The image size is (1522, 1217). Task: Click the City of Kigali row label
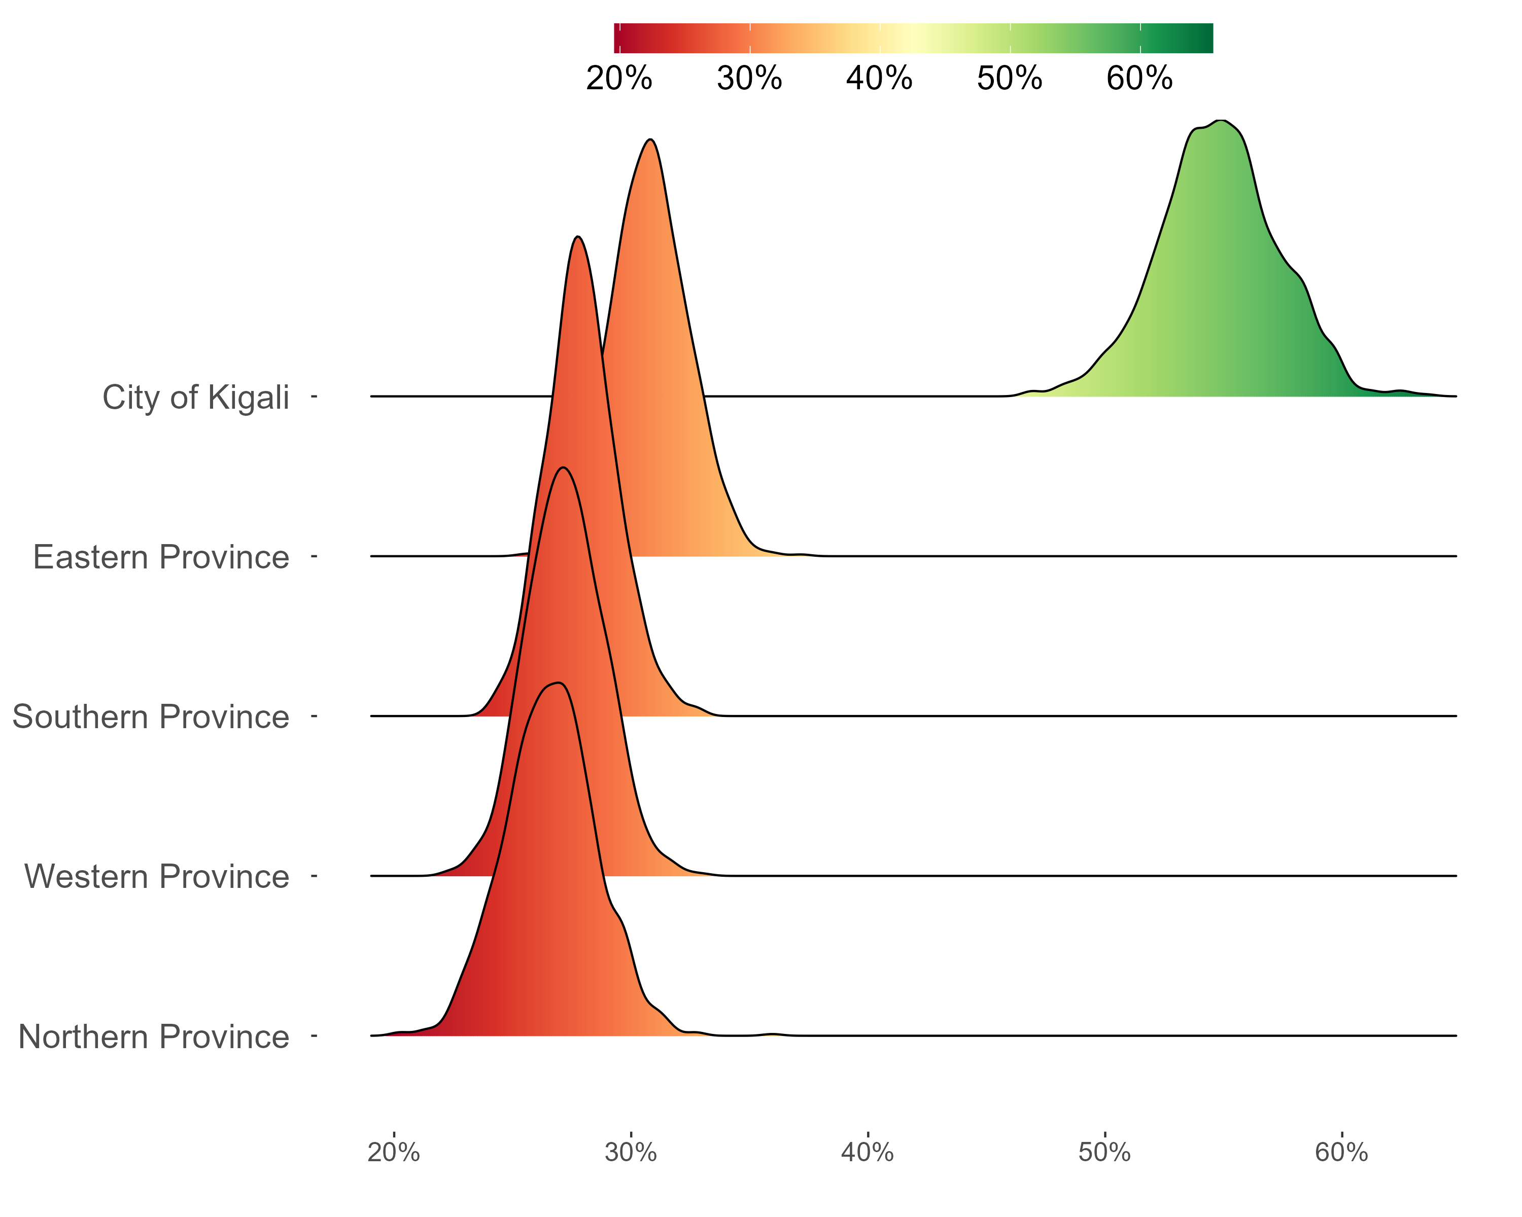pyautogui.click(x=195, y=397)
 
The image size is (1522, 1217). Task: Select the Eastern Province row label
pyautogui.click(x=161, y=557)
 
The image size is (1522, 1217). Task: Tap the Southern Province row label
pyautogui.click(x=150, y=717)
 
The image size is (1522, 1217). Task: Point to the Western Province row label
pyautogui.click(x=157, y=877)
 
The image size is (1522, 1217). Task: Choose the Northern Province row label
pyautogui.click(x=154, y=1037)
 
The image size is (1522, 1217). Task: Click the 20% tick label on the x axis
pyautogui.click(x=394, y=1153)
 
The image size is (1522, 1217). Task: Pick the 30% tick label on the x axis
pyautogui.click(x=631, y=1153)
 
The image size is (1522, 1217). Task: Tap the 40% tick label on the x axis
pyautogui.click(x=867, y=1153)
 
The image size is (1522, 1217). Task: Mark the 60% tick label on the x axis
pyautogui.click(x=1341, y=1153)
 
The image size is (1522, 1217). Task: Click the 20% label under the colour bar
pyautogui.click(x=619, y=78)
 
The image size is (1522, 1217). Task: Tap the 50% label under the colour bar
pyautogui.click(x=1010, y=78)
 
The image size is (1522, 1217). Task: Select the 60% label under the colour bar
pyautogui.click(x=1139, y=78)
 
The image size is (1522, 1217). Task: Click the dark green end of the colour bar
pyautogui.click(x=1203, y=38)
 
